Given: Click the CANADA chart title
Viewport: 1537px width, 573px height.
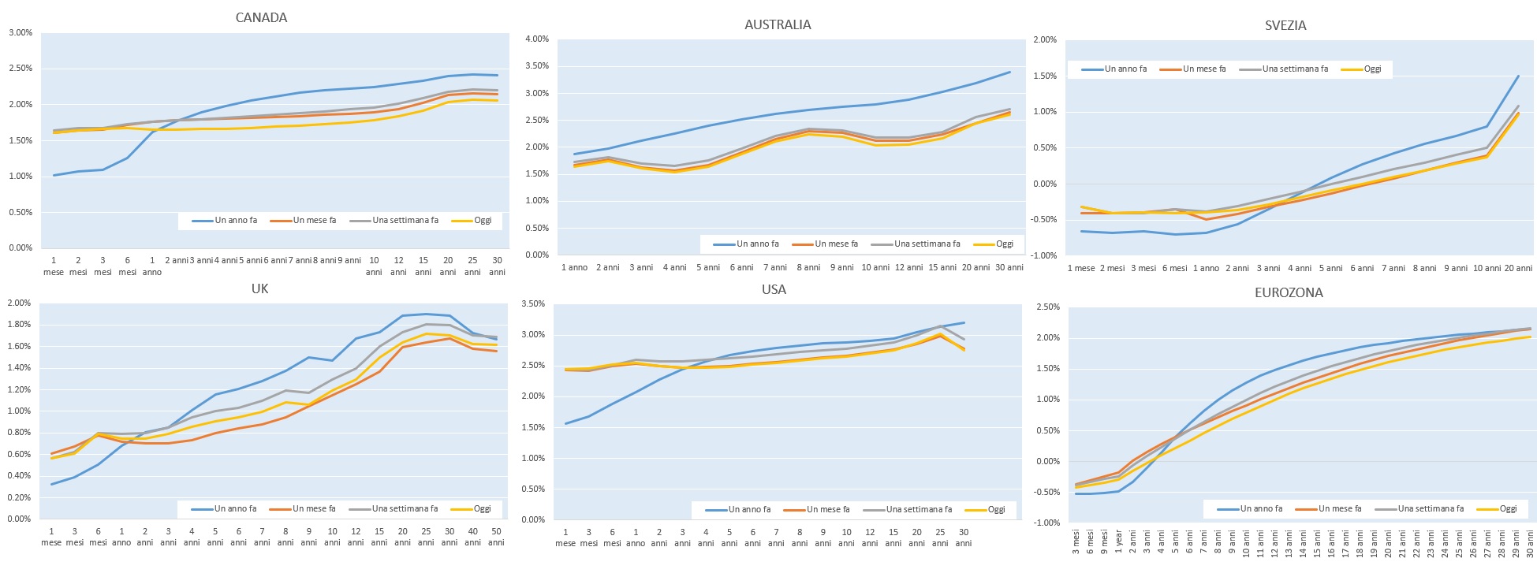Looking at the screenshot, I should click(x=261, y=17).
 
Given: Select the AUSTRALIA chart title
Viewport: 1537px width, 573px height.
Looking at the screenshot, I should click(x=778, y=24).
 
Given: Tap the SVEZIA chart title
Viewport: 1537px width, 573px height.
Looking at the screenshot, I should click(x=1285, y=25).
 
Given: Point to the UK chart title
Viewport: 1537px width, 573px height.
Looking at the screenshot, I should click(x=259, y=288).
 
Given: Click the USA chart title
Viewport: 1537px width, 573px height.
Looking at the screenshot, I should click(x=774, y=289).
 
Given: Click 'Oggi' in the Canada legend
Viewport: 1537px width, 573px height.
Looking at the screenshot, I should click(x=483, y=220).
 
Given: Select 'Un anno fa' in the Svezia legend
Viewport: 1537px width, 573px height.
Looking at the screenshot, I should click(x=1125, y=69).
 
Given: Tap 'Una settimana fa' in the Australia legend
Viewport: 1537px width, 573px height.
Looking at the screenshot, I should click(x=927, y=244).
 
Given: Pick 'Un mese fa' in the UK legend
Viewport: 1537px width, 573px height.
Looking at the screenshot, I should click(x=314, y=508).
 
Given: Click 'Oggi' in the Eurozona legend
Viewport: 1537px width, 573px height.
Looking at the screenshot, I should click(x=1508, y=508).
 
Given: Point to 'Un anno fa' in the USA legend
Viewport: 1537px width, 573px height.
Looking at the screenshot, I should click(x=749, y=509).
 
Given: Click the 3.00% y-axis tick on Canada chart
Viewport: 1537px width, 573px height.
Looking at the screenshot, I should click(x=21, y=33).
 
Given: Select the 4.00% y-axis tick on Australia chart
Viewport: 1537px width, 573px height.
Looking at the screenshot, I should click(x=536, y=39).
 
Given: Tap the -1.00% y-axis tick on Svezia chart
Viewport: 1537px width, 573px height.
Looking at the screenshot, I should click(x=1044, y=255).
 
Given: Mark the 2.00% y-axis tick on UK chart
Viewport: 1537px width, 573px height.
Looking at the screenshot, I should click(x=19, y=303).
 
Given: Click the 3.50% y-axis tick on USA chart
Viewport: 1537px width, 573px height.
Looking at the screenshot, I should click(x=534, y=303).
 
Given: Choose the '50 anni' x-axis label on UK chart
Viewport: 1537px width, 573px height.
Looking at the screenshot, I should click(x=496, y=537).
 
